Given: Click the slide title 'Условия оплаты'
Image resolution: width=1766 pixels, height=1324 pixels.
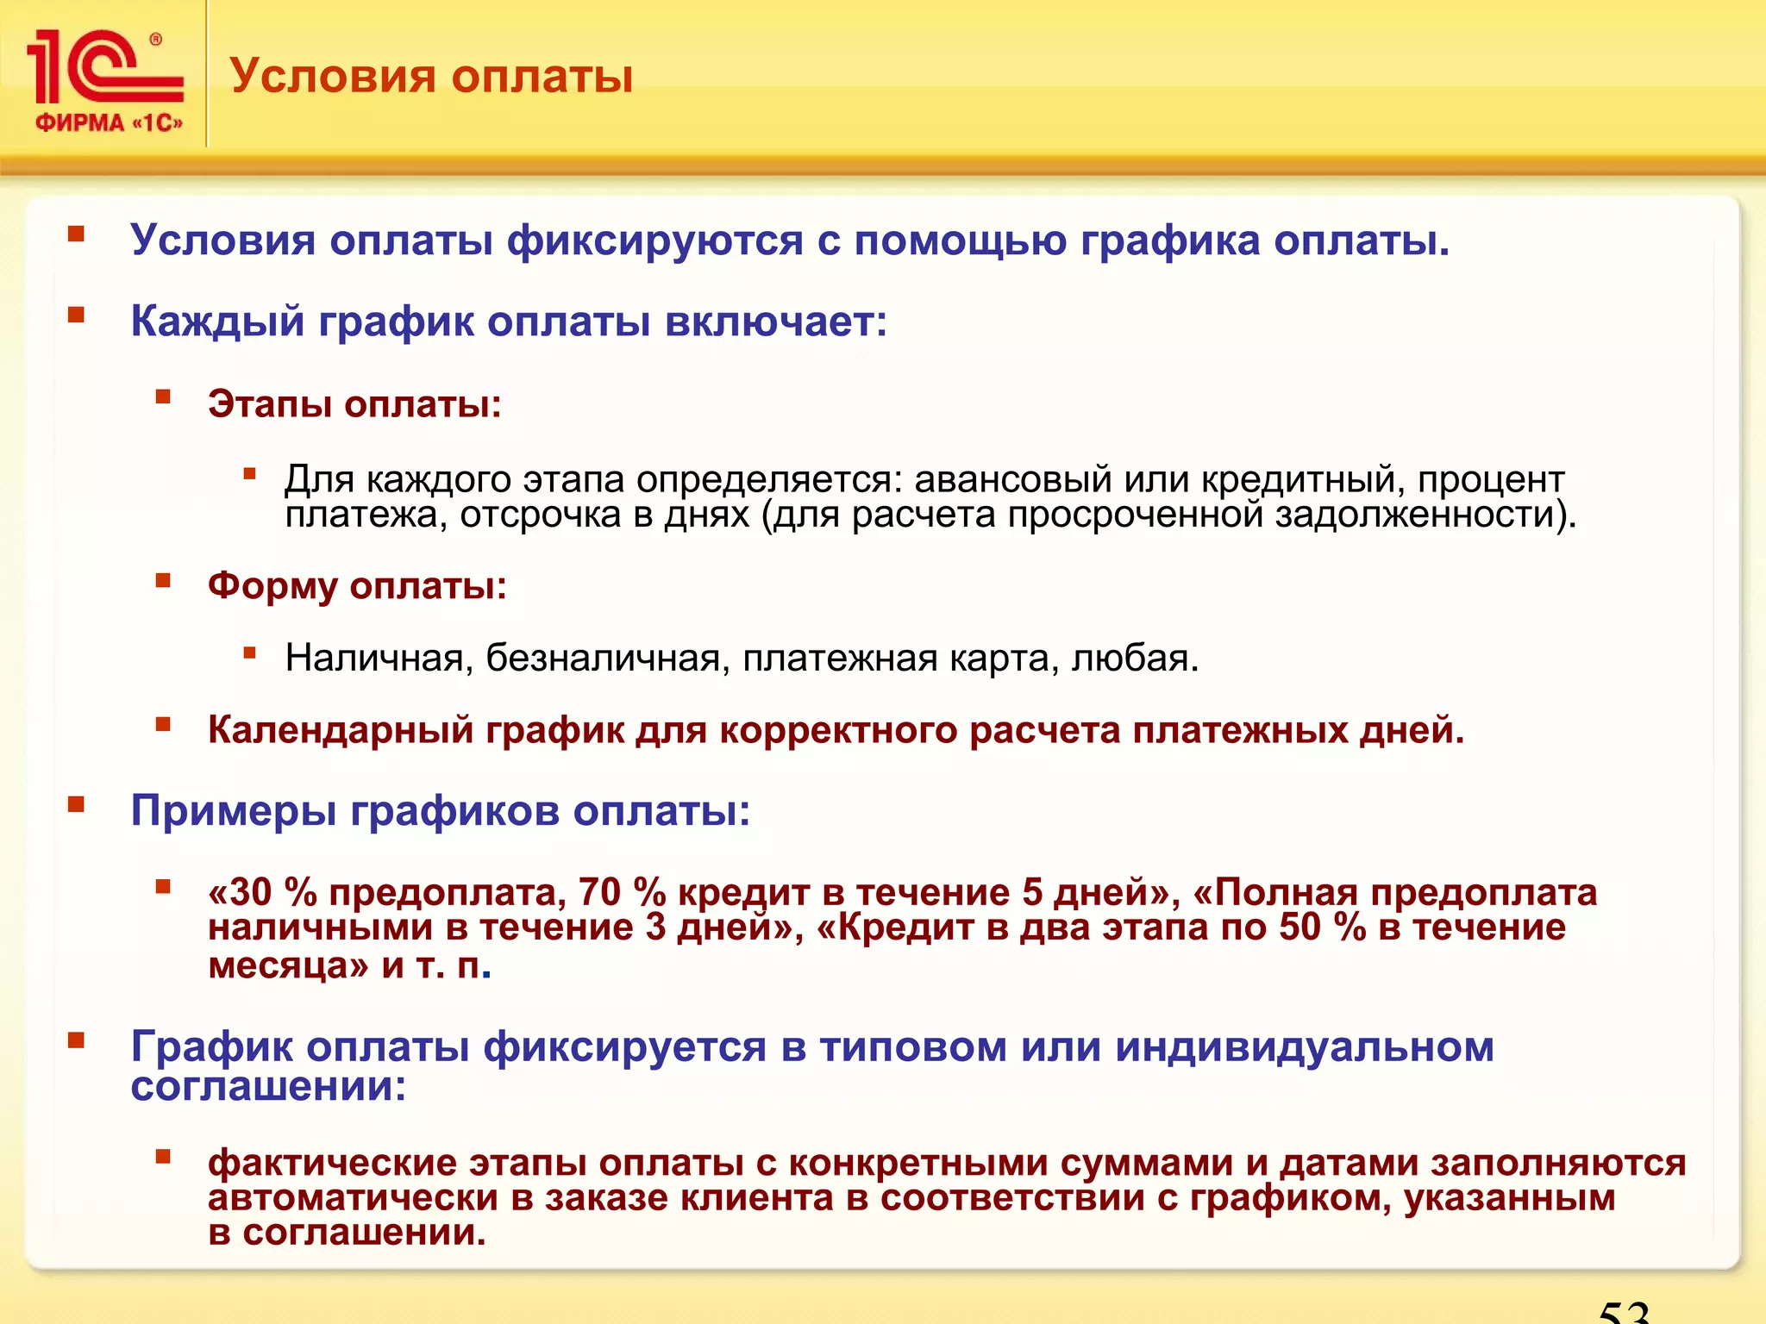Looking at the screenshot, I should (431, 76).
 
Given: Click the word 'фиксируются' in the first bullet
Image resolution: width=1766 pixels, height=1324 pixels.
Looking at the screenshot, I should (654, 240).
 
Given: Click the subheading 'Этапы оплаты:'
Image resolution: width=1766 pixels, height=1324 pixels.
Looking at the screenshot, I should (354, 403).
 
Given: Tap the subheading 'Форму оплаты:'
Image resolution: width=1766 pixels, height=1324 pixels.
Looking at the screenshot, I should (357, 586).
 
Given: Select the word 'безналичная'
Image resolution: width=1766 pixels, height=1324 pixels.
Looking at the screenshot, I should (603, 658).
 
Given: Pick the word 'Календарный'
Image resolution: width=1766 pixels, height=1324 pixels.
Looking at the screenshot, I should (341, 730).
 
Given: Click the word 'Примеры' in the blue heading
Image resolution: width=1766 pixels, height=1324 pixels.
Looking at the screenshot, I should (233, 811).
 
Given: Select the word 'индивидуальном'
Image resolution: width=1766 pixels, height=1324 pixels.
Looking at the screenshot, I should (1304, 1047).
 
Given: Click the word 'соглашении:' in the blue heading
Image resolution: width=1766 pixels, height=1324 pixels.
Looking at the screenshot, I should (268, 1086).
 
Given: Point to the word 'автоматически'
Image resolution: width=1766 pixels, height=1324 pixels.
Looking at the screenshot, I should (352, 1198).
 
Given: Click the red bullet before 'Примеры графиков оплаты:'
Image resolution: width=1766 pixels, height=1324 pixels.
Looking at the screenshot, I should (77, 805).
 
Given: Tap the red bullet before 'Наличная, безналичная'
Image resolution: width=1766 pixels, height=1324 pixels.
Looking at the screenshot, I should (250, 653).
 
